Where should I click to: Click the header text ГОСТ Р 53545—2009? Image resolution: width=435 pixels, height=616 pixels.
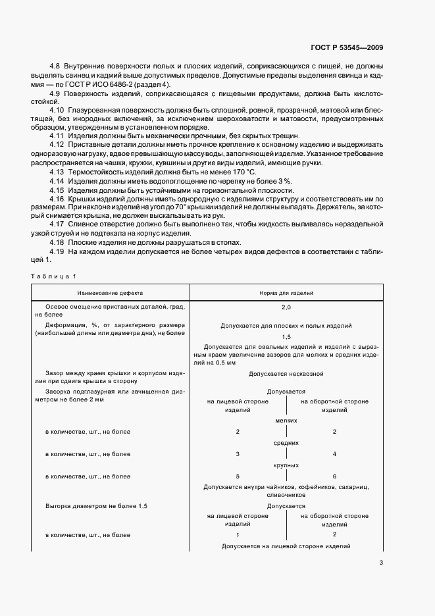tap(346, 47)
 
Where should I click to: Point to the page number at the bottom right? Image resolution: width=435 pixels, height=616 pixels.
tap(382, 562)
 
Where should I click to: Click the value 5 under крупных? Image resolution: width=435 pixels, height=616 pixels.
tap(238, 476)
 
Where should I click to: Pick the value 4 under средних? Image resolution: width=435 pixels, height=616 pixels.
tap(334, 454)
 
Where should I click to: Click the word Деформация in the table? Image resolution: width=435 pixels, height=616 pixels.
tap(67, 325)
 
